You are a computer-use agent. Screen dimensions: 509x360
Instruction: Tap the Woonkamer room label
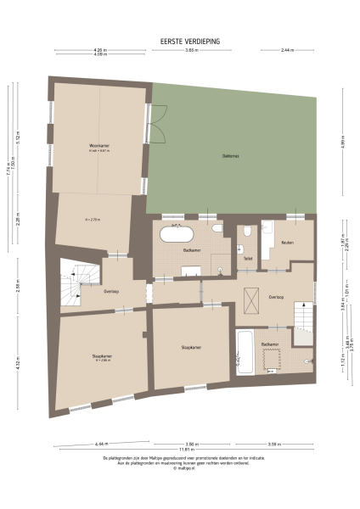tap(100, 147)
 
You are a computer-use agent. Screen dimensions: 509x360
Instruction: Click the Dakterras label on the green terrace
tap(229, 155)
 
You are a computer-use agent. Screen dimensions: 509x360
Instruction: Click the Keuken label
tap(288, 243)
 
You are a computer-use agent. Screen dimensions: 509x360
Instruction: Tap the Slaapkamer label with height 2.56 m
tap(102, 356)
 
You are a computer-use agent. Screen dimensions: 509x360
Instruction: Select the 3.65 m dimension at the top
tap(192, 50)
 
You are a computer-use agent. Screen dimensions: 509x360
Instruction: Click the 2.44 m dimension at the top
tap(288, 50)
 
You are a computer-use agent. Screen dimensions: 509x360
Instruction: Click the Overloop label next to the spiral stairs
tap(110, 290)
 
